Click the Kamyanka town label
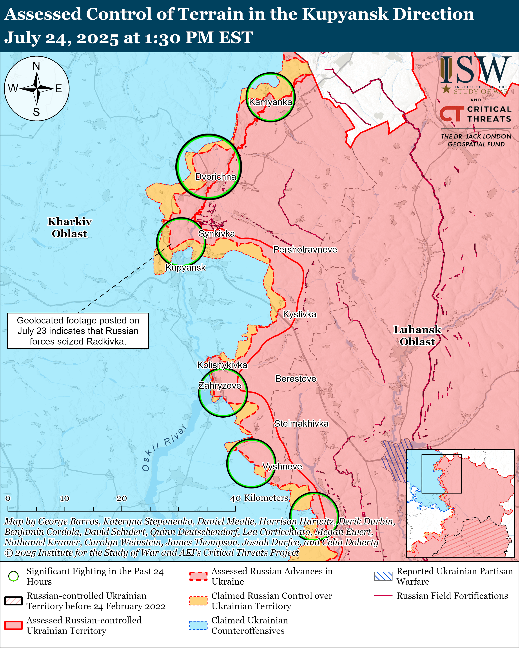tap(270, 102)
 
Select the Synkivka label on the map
tap(216, 233)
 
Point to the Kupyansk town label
tap(185, 267)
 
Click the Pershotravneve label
tap(305, 250)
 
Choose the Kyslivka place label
tap(300, 314)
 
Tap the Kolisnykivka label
tap(222, 365)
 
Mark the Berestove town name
tap(296, 379)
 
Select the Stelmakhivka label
tap(301, 424)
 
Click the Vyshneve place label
tap(282, 467)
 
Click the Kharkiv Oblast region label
tap(69, 228)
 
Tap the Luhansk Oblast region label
tap(417, 336)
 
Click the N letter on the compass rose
tap(36, 66)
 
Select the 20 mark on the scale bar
tap(122, 498)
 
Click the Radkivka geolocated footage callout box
tap(78, 331)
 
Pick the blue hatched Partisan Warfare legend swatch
tap(383, 576)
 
